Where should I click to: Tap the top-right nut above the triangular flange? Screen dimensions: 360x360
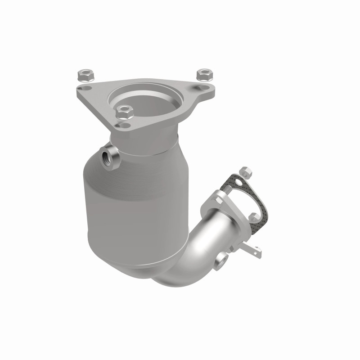[204, 73]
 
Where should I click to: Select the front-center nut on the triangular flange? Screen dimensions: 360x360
[123, 110]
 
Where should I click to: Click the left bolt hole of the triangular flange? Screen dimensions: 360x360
[83, 89]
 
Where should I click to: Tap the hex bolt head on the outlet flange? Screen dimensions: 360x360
[215, 200]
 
